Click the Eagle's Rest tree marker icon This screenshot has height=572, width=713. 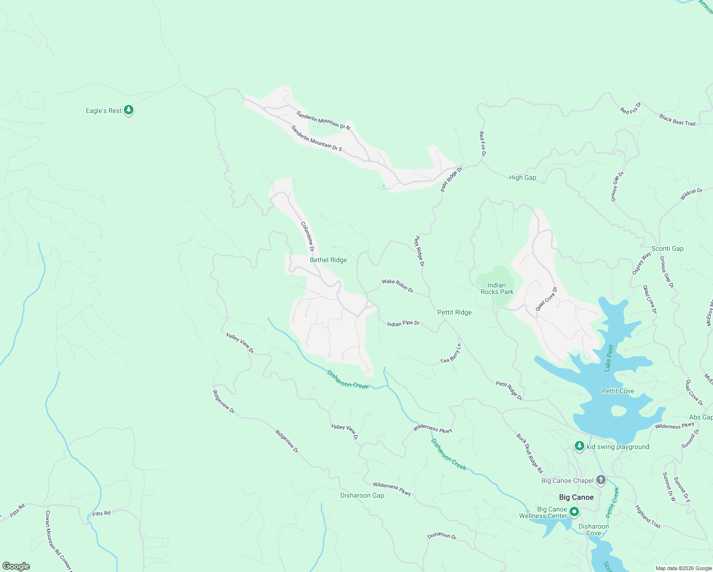[128, 110]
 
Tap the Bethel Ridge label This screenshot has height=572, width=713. [328, 260]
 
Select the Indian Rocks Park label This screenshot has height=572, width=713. [497, 288]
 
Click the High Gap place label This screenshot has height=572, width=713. [522, 177]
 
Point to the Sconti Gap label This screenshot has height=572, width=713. [667, 248]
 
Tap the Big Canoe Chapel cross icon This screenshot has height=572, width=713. [601, 480]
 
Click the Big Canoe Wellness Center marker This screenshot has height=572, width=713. [574, 512]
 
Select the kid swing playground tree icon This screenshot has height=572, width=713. [579, 446]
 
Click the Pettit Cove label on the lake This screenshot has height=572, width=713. [618, 391]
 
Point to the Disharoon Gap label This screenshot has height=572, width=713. [362, 495]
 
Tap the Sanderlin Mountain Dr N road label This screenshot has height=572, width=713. [323, 120]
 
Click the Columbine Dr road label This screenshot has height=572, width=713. [307, 236]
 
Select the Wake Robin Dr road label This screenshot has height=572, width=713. [397, 286]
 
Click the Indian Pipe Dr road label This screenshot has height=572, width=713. [403, 323]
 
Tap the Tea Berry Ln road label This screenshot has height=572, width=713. [451, 354]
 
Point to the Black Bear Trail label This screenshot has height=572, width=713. [677, 120]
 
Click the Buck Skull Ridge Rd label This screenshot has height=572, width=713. [530, 453]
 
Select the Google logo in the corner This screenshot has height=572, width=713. [16, 566]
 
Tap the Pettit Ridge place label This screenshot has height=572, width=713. [454, 312]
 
